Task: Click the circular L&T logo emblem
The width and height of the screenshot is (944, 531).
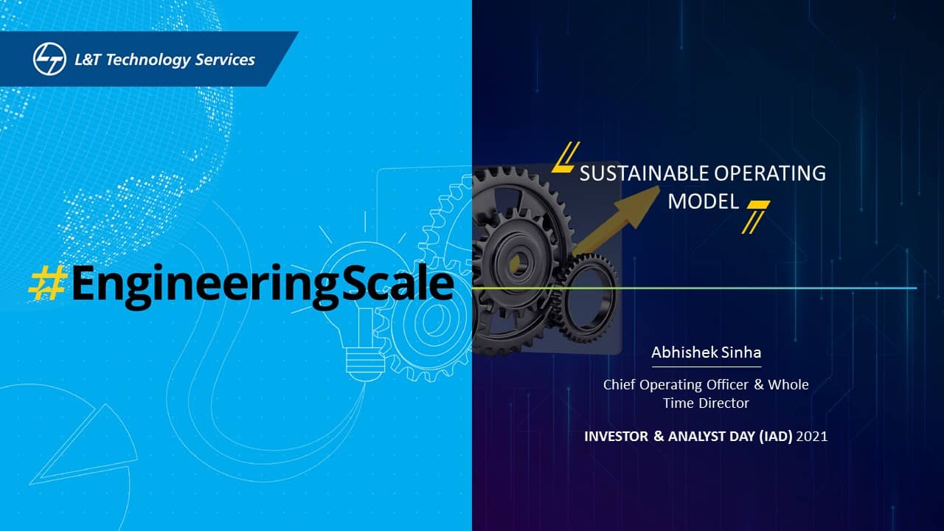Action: [49, 59]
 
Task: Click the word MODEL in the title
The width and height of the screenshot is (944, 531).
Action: [704, 201]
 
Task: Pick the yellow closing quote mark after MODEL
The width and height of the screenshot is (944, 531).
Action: [756, 217]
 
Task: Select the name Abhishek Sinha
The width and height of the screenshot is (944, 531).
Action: [707, 353]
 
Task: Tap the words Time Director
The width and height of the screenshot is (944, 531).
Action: [706, 403]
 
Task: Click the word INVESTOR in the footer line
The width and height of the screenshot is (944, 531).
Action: [616, 436]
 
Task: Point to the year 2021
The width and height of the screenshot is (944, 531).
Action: [812, 436]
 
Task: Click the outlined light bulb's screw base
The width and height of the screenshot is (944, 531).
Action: [365, 363]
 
